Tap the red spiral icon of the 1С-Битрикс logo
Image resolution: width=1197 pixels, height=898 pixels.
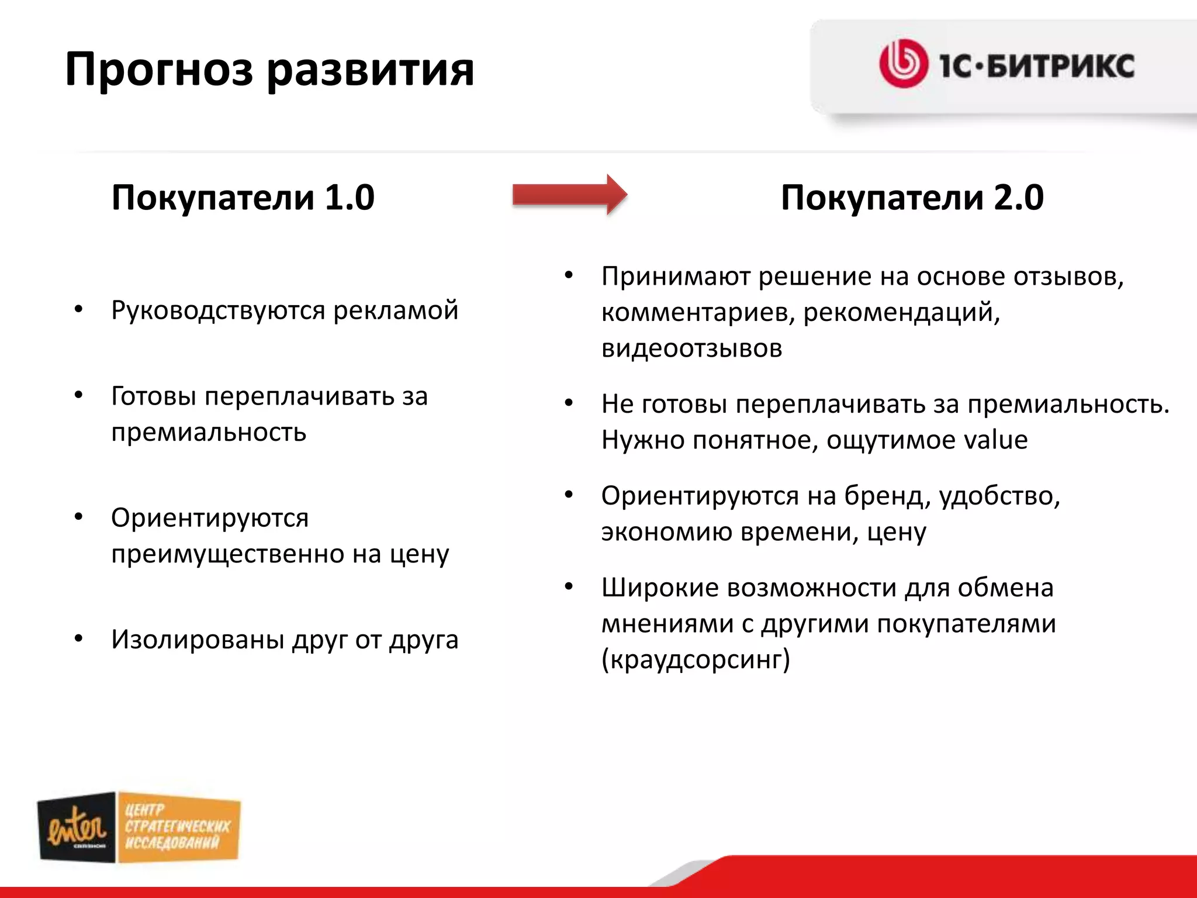903,64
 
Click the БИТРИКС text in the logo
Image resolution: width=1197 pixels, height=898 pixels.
1061,65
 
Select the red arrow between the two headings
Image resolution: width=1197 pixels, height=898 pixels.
569,195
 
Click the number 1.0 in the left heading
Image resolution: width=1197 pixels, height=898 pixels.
349,198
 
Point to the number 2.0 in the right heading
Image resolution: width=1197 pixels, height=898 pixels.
1018,198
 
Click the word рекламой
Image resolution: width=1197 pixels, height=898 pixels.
396,310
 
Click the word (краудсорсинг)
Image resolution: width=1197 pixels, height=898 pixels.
696,659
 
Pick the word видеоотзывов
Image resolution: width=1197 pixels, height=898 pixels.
691,348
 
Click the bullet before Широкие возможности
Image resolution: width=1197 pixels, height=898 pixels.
569,587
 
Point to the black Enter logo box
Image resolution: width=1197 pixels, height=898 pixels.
77,827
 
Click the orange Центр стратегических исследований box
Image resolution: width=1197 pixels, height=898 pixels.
178,827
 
